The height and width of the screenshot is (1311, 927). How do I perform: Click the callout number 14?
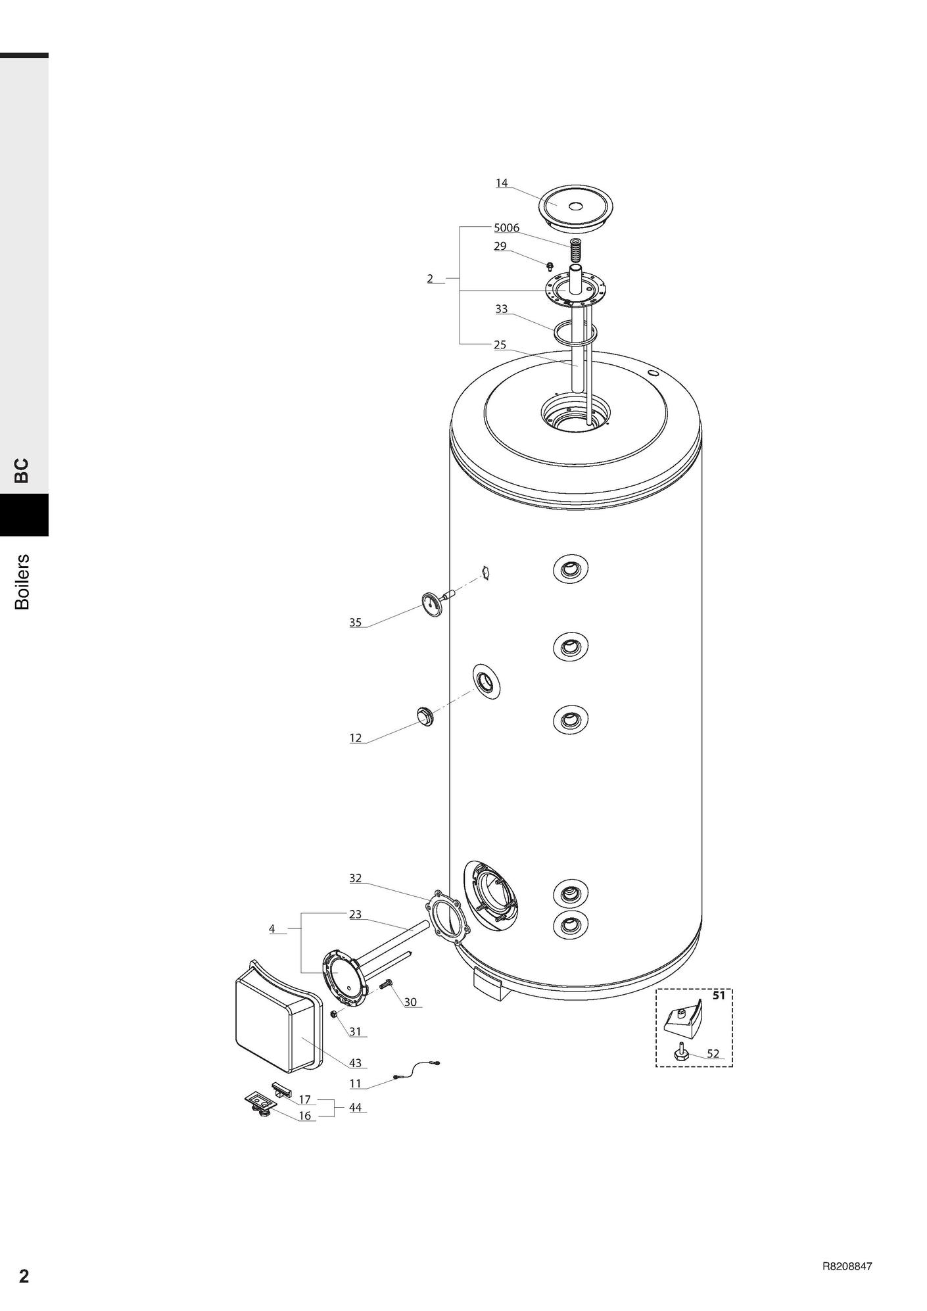(x=502, y=183)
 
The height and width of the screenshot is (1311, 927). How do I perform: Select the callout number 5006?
(x=506, y=227)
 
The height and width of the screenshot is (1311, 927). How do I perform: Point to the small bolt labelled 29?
(x=550, y=265)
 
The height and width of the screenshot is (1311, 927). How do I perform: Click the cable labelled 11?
(x=416, y=1069)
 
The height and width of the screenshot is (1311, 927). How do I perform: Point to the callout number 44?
(x=355, y=1107)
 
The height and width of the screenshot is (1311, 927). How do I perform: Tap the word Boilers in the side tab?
(x=22, y=582)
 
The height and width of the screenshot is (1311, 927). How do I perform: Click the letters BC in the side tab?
(x=22, y=470)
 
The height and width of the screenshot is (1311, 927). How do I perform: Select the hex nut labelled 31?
(x=334, y=1014)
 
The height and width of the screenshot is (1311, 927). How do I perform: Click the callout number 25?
(x=500, y=345)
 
